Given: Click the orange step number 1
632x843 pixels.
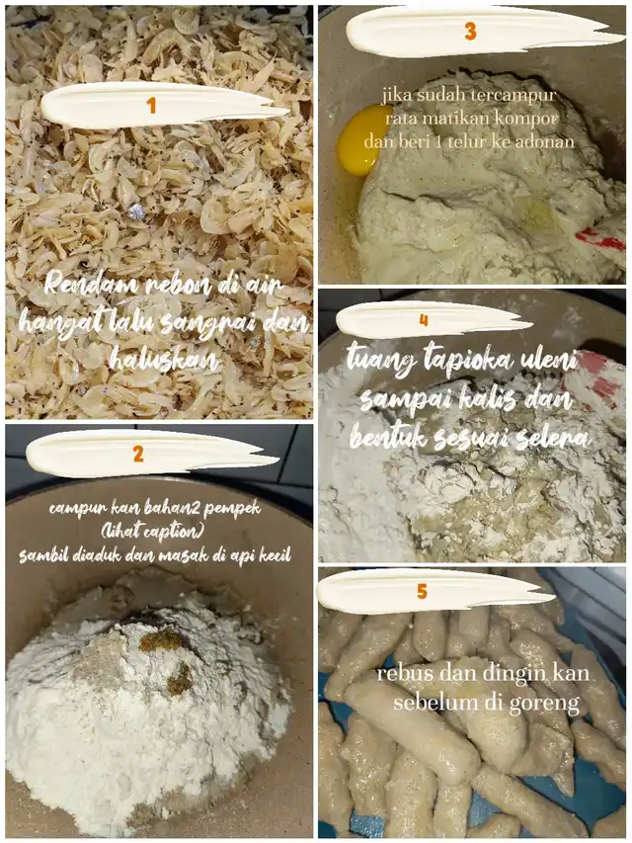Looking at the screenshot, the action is coord(151,105).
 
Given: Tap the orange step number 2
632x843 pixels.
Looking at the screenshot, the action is coord(138,455).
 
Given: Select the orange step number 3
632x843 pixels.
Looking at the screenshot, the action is coord(471,32).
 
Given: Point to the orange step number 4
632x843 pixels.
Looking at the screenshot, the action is coord(424,320).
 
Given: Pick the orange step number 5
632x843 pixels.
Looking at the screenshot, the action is coord(423,592).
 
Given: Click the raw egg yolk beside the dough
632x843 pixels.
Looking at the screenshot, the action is coord(359,139).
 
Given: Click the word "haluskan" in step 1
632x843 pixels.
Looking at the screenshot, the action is coord(164,359).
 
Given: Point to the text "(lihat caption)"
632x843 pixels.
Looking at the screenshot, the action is coord(153,532).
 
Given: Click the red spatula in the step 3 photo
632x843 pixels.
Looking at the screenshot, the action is coord(600,239).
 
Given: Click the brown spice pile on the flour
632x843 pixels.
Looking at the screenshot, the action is coord(162,640).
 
